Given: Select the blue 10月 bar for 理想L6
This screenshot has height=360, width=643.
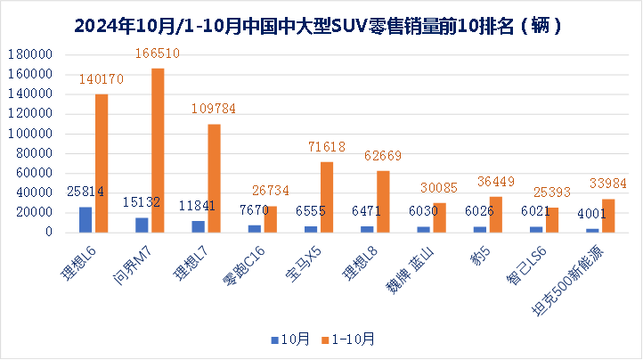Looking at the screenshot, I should (x=85, y=219).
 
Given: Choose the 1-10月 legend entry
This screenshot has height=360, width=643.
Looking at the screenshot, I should (x=349, y=339).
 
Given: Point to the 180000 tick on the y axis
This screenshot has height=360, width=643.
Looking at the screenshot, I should (x=32, y=54).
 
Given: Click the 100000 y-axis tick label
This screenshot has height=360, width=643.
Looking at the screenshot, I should (x=32, y=134).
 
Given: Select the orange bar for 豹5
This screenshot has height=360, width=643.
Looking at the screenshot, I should (x=496, y=214).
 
